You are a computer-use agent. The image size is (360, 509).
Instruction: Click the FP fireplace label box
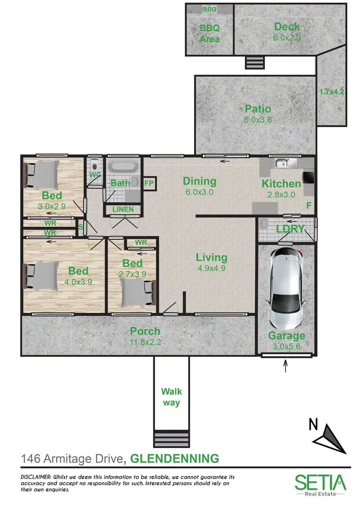pyautogui.click(x=149, y=183)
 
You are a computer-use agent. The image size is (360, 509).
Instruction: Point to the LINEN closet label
pyautogui.click(x=123, y=210)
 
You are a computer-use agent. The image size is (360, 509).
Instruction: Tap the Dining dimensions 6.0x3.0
pyautogui.click(x=199, y=192)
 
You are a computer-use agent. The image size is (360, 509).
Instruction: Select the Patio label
pyautogui.click(x=258, y=109)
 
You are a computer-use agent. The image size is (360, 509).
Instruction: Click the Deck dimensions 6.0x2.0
pyautogui.click(x=287, y=37)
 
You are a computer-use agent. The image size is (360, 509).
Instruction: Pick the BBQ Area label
pyautogui.click(x=209, y=34)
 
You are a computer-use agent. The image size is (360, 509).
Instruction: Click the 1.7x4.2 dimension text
pyautogui.click(x=332, y=91)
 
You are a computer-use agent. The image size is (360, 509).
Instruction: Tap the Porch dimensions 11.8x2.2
pyautogui.click(x=145, y=343)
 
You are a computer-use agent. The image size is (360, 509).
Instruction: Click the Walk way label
pyautogui.click(x=171, y=397)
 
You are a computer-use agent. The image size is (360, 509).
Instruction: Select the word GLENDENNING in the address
pyautogui.click(x=175, y=459)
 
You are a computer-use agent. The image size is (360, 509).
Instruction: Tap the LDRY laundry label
pyautogui.click(x=290, y=229)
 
